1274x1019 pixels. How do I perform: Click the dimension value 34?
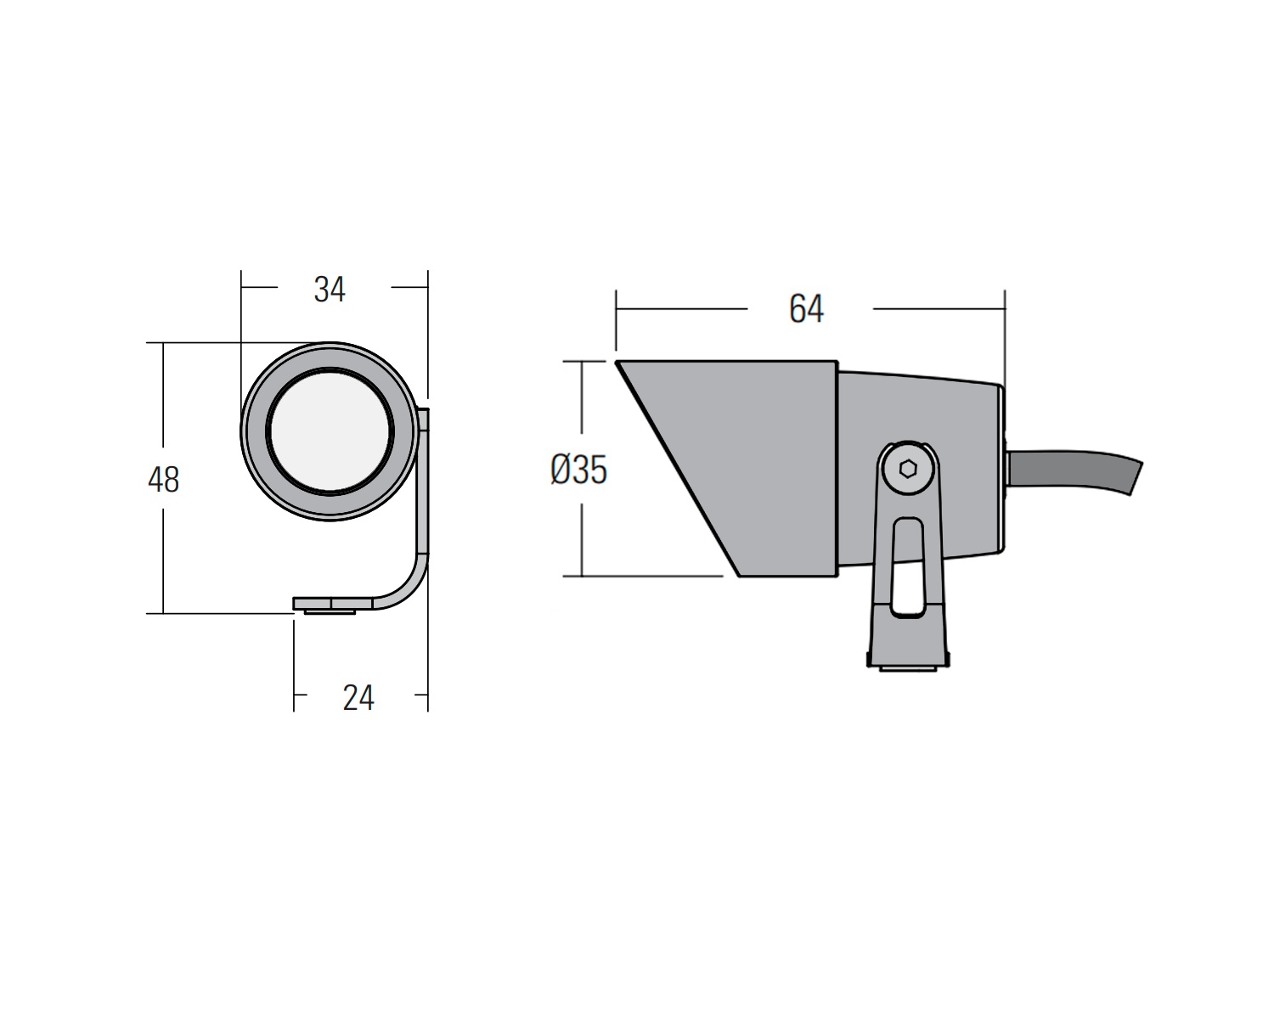tap(330, 290)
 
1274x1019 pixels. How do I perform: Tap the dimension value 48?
tap(163, 480)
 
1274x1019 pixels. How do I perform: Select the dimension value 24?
tap(358, 698)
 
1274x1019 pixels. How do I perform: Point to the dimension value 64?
tap(806, 308)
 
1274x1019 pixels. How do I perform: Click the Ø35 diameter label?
tap(578, 470)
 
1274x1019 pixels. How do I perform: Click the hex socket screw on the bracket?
tap(908, 470)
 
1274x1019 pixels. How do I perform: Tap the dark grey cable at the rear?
tap(1075, 471)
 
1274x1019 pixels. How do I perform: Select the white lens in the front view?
tap(330, 431)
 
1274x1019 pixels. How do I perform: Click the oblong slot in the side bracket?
tap(908, 567)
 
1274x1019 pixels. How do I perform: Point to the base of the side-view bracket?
tap(908, 634)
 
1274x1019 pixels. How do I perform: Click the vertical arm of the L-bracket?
tap(423, 480)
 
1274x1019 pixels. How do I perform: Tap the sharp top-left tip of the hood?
tap(617, 361)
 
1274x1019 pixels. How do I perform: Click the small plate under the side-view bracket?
tap(908, 669)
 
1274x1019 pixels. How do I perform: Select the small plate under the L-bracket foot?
tap(330, 611)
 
